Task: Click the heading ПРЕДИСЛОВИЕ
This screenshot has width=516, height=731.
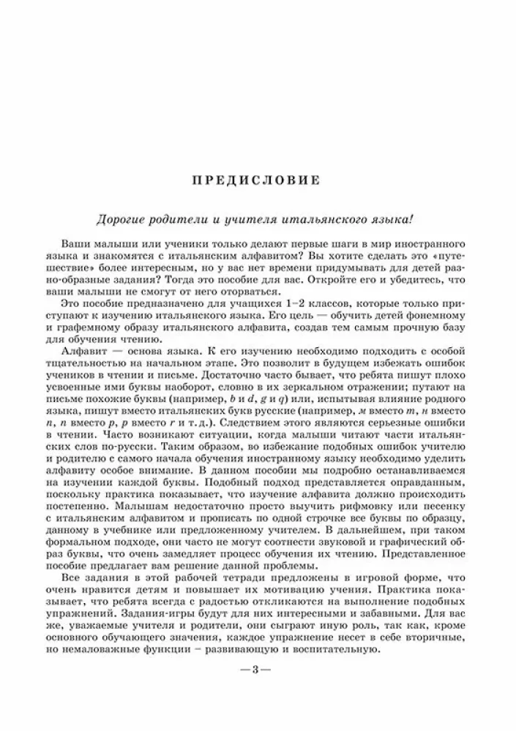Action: (258, 178)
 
